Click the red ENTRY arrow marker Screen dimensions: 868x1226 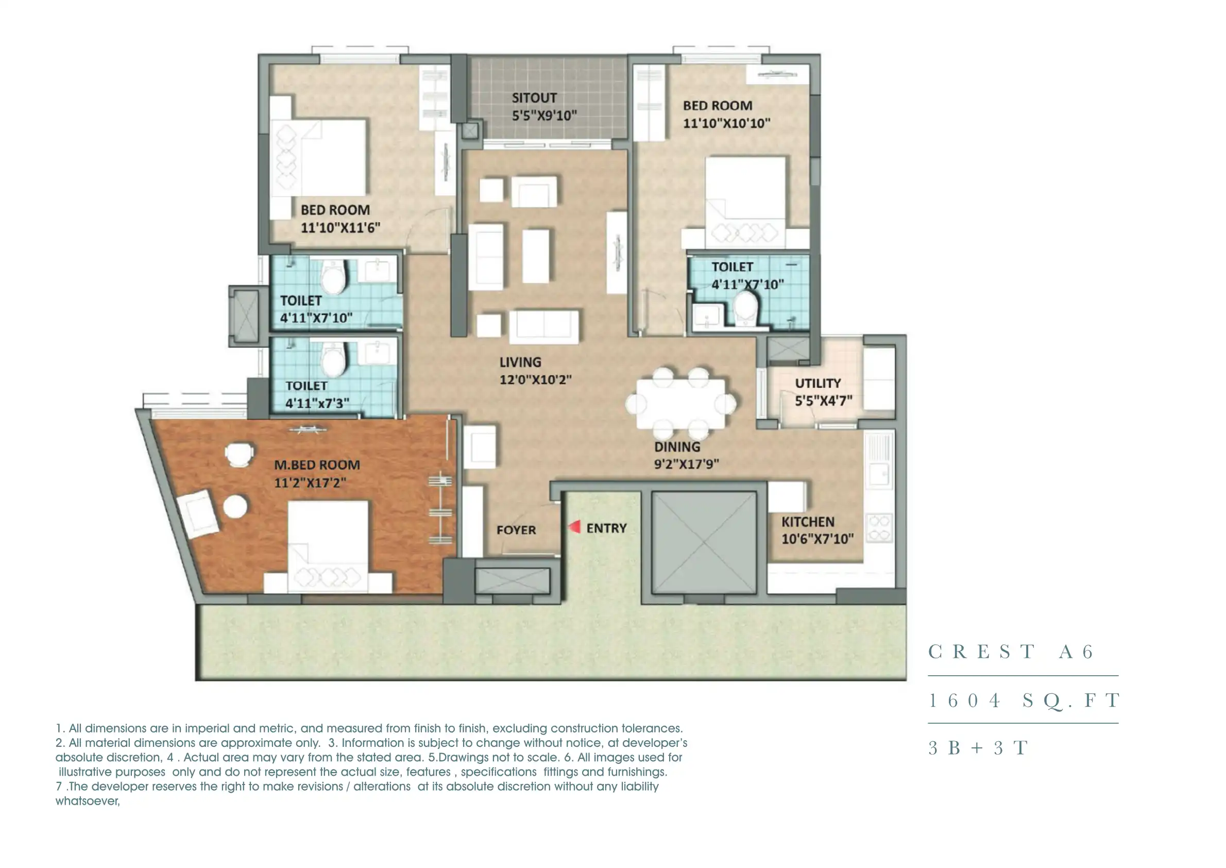point(574,527)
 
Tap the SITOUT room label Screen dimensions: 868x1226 point(534,98)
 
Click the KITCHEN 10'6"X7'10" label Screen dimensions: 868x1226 point(817,530)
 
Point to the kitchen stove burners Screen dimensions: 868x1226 point(879,527)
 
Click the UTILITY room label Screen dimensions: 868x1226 point(818,383)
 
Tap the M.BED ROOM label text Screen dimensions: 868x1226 point(317,465)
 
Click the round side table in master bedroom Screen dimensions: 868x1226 point(235,506)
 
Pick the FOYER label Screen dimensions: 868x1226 point(516,530)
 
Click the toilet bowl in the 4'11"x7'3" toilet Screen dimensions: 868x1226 point(335,360)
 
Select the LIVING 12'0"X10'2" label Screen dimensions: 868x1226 point(535,371)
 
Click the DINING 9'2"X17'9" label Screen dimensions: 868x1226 point(686,455)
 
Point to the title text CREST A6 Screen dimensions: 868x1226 point(1011,652)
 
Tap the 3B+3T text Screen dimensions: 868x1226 point(978,748)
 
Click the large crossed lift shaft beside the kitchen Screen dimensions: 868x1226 point(704,542)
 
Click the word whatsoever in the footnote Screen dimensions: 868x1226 point(88,800)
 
